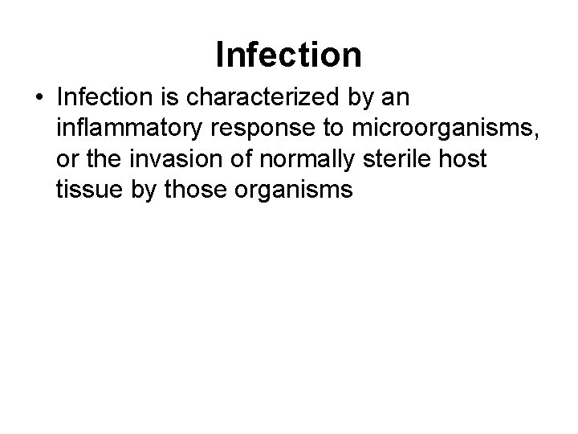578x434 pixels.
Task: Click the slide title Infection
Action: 289,54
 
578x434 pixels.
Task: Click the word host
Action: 464,158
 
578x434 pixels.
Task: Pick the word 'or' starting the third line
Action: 67,160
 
